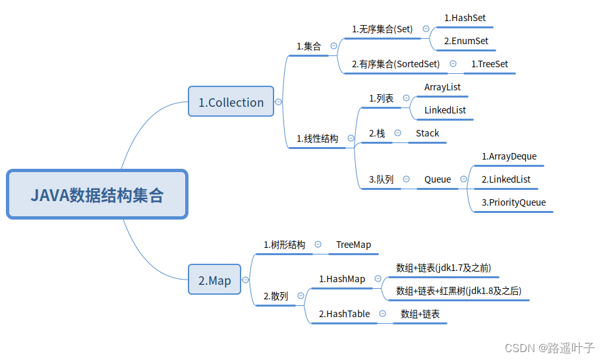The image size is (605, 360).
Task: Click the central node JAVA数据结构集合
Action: [x=98, y=195]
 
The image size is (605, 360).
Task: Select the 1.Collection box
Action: [x=231, y=102]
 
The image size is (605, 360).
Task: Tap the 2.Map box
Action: [x=215, y=280]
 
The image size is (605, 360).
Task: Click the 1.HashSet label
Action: [x=465, y=18]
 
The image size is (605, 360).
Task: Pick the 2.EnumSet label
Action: [x=466, y=41]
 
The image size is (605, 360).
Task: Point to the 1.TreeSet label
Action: [x=490, y=64]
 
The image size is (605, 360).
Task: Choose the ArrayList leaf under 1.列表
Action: [x=442, y=87]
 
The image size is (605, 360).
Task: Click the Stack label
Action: [x=427, y=133]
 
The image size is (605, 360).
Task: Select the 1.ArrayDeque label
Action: [x=509, y=156]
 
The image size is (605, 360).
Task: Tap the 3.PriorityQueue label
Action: [x=513, y=202]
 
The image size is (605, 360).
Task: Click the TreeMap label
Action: [x=353, y=245]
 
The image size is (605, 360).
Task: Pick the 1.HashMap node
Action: [x=341, y=279]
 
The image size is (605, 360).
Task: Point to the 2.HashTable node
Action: [x=344, y=314]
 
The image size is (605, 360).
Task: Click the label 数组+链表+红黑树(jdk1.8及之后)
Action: [x=462, y=291]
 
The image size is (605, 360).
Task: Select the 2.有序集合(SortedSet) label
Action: [x=395, y=64]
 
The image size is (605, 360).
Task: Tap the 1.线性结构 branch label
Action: [x=317, y=138]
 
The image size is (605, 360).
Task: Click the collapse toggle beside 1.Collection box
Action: [x=279, y=102]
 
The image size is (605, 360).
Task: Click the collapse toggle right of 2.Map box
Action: [x=246, y=280]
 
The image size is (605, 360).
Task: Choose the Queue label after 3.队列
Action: [x=438, y=179]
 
